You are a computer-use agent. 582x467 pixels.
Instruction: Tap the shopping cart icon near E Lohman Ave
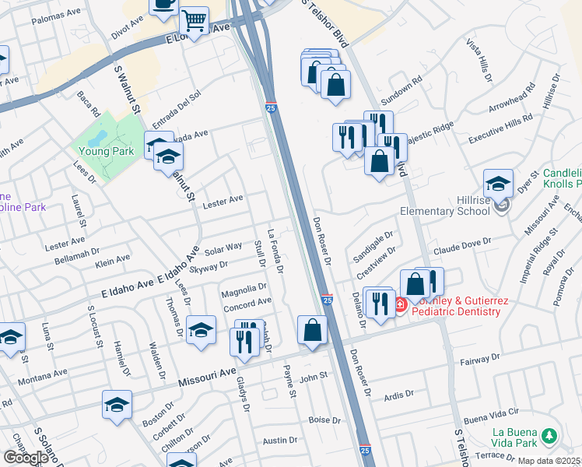(194, 19)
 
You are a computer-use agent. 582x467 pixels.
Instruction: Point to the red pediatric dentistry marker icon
(400, 304)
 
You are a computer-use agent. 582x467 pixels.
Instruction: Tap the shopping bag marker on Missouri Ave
(311, 329)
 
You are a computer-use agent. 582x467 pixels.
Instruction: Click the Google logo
(26, 458)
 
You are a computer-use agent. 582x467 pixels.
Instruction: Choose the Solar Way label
(223, 249)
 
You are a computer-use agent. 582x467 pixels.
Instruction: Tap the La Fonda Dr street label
(274, 251)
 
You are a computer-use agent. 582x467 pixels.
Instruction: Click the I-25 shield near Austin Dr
(365, 450)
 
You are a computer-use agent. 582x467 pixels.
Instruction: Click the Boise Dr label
(325, 420)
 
